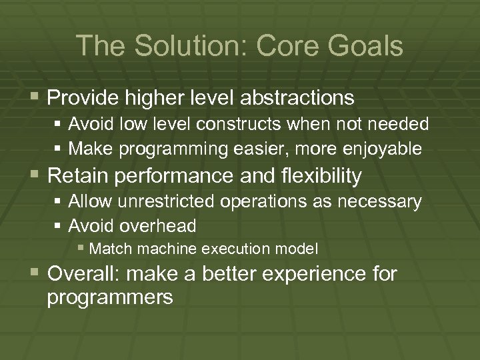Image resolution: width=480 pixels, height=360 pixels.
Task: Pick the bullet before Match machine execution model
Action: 81,249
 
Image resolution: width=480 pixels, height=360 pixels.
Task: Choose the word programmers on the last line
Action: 111,297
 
